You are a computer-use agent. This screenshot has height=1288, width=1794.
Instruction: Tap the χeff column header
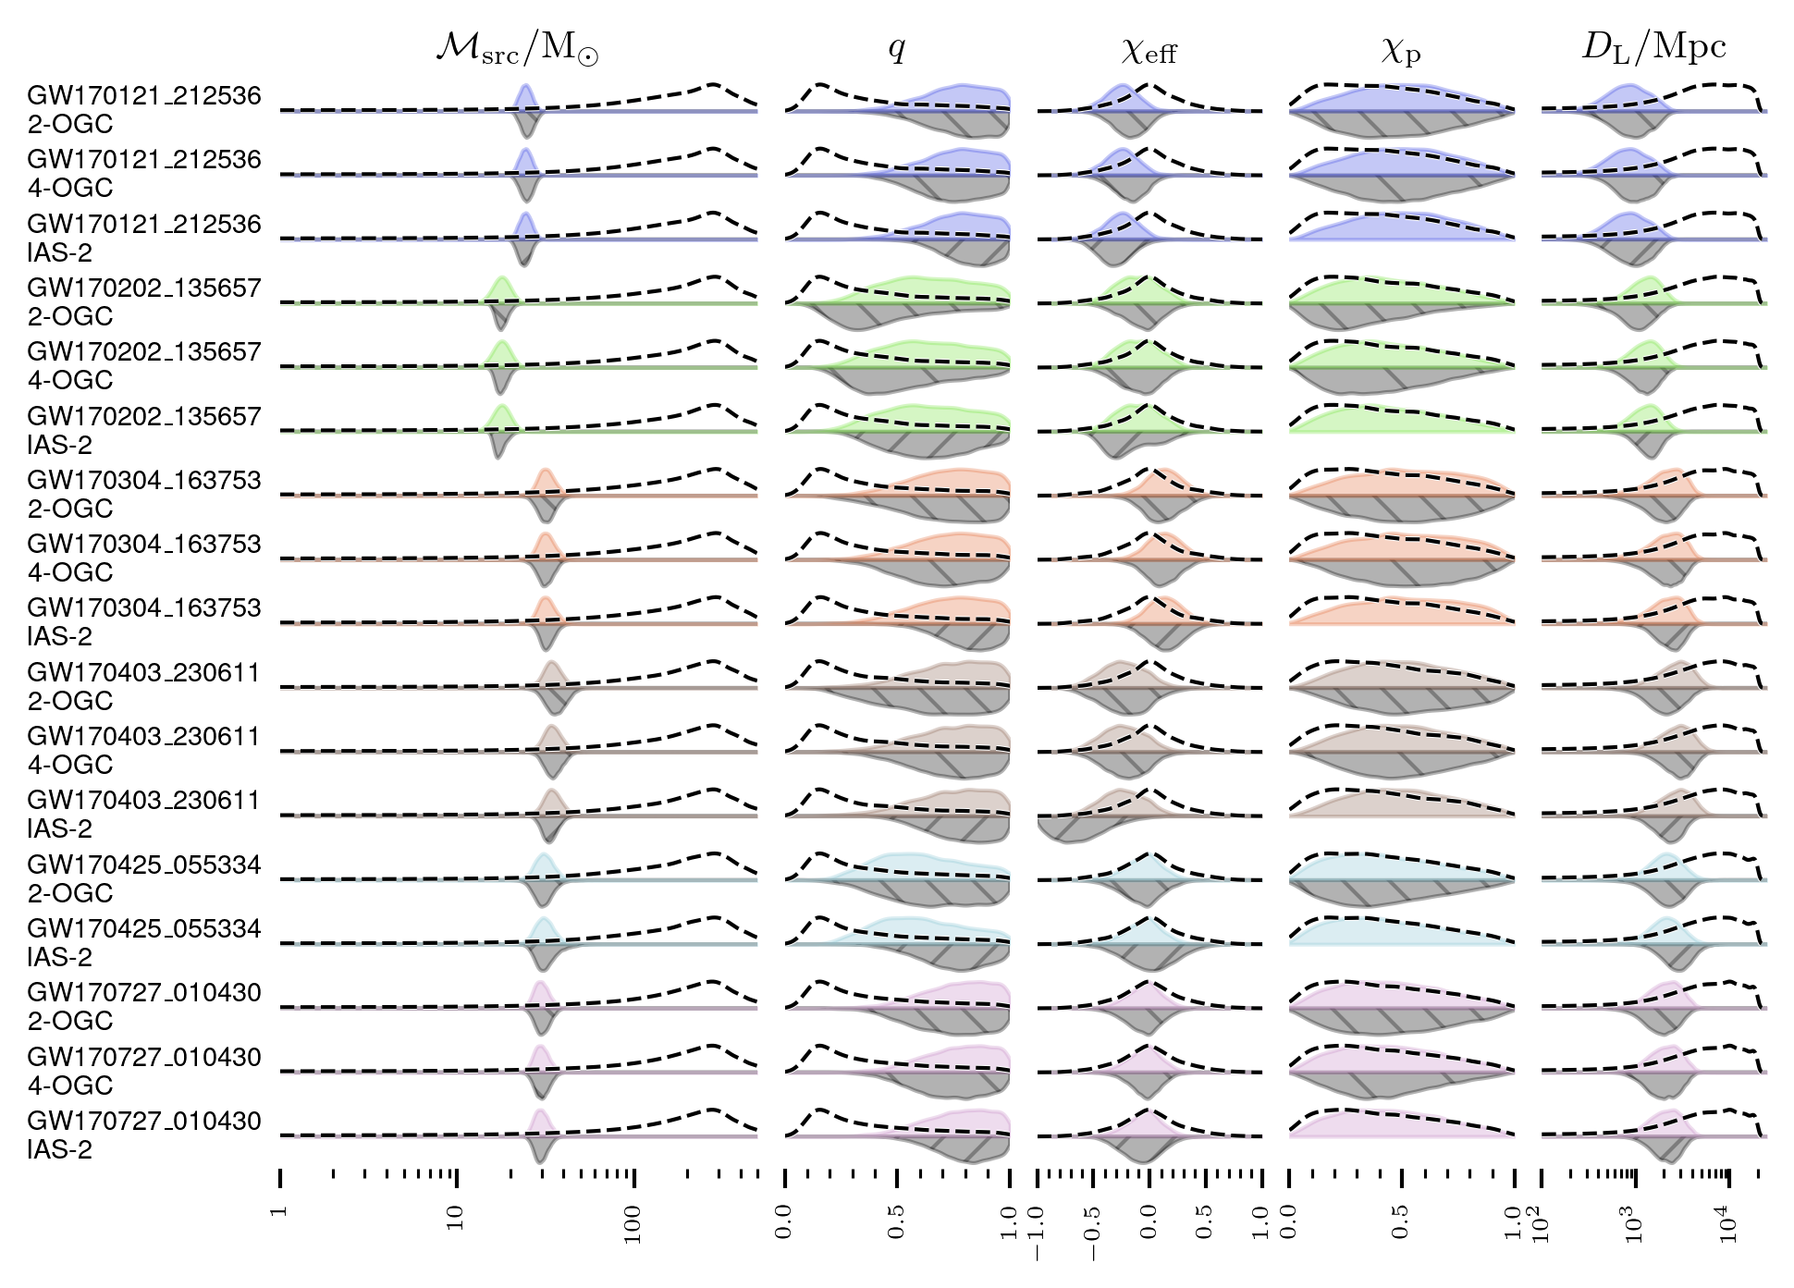point(1149,50)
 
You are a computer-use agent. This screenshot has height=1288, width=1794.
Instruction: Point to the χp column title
point(1400,50)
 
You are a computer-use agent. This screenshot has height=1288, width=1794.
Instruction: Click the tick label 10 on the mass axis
point(455,1218)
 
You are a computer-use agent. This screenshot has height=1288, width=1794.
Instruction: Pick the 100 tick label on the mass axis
point(633,1224)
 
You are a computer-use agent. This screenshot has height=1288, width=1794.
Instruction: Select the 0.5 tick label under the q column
point(896,1221)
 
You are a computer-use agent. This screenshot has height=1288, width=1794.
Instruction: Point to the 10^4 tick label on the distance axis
point(1726,1224)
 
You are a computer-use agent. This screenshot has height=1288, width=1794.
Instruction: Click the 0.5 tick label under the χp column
point(1400,1221)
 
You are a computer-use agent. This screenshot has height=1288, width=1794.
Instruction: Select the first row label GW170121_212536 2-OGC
point(143,109)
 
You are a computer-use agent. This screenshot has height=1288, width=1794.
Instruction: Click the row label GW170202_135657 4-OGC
point(143,365)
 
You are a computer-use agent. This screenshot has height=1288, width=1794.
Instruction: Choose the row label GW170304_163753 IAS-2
point(143,621)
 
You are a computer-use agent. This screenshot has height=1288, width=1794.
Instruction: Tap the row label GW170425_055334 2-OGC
point(143,878)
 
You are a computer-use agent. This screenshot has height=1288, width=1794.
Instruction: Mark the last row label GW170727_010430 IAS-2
point(143,1135)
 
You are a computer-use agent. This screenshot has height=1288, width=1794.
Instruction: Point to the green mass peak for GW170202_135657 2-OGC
point(501,290)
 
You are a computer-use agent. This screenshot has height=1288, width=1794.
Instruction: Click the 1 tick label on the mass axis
point(280,1210)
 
